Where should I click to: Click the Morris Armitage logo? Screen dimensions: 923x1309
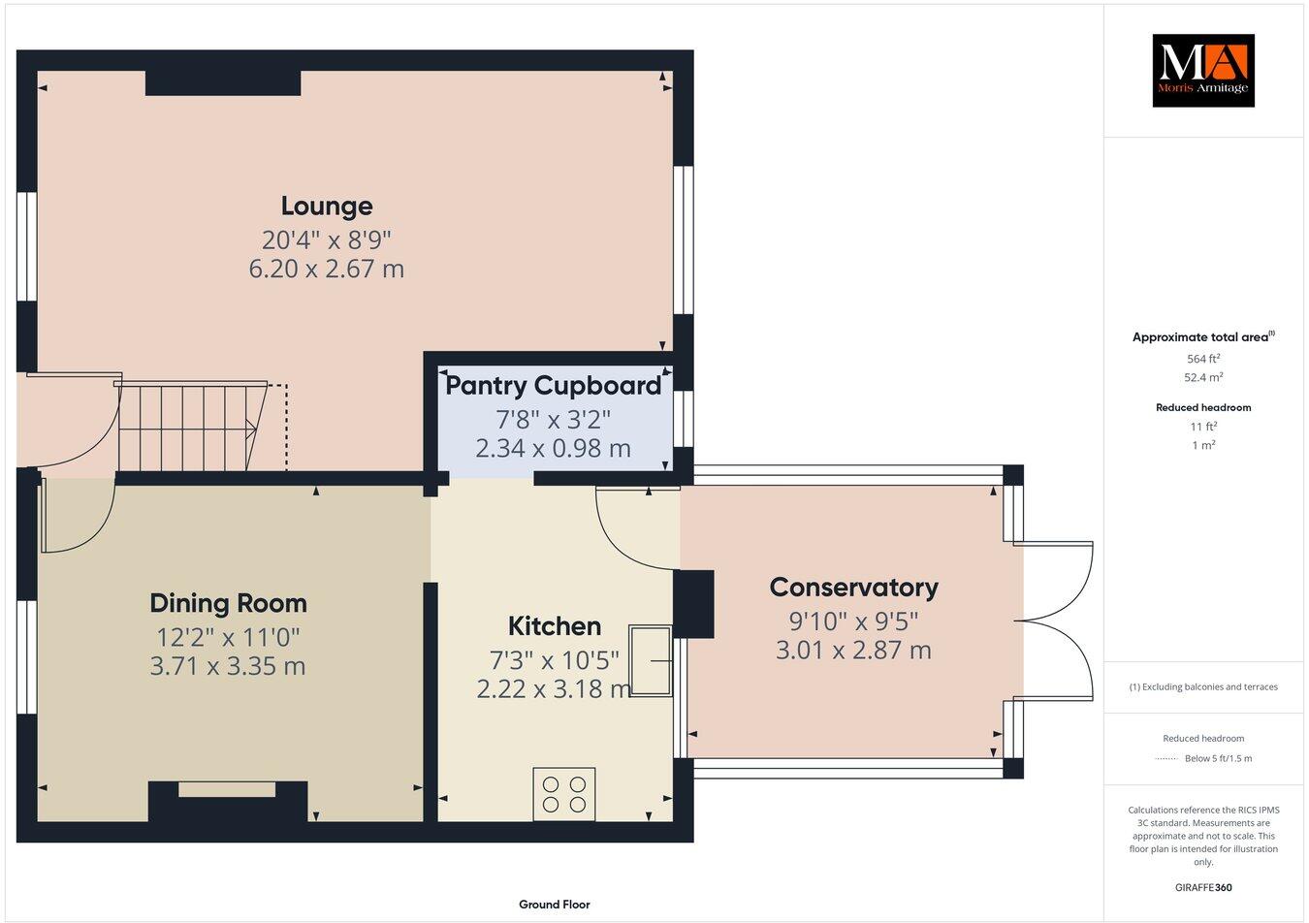point(1202,70)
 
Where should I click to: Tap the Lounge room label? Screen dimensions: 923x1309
point(327,206)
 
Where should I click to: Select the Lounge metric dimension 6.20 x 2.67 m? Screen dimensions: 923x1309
point(327,269)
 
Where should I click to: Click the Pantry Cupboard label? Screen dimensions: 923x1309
point(553,386)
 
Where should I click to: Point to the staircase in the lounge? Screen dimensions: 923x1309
point(190,427)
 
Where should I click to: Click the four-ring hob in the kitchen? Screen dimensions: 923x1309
point(564,794)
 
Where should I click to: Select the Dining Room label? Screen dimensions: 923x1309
point(228,603)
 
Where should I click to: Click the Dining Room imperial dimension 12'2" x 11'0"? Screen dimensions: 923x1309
point(228,637)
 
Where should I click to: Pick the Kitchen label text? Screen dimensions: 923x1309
point(555,626)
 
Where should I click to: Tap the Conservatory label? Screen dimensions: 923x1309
point(853,588)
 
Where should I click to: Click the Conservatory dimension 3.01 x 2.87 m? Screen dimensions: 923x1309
point(853,651)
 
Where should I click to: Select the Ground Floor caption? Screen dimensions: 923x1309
point(554,905)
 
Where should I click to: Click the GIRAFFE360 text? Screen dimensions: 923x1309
point(1202,887)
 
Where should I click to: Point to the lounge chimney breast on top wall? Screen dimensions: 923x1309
point(223,83)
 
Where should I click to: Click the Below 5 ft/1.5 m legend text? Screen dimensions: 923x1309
point(1218,758)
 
